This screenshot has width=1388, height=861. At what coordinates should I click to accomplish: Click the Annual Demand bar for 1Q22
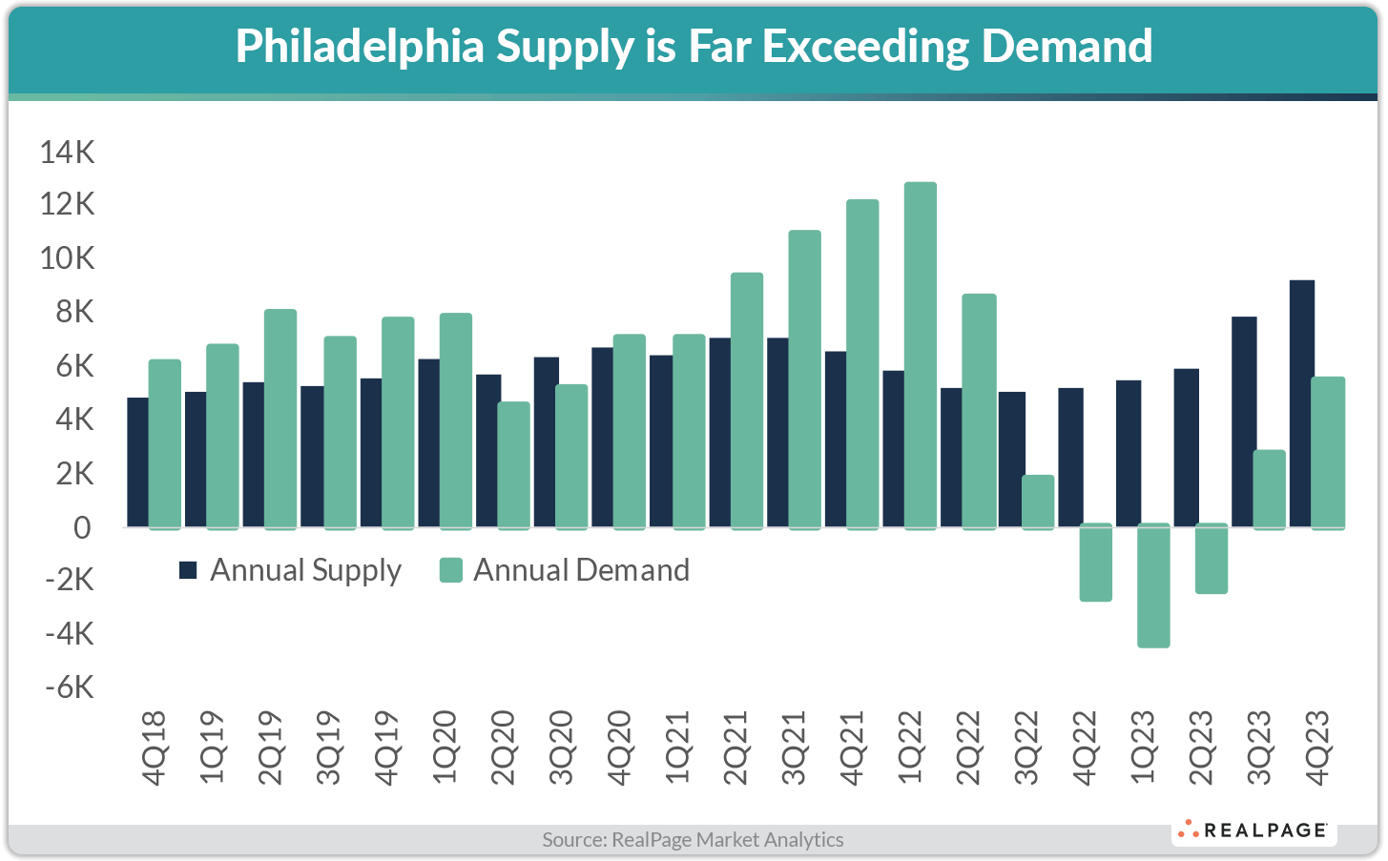(x=921, y=355)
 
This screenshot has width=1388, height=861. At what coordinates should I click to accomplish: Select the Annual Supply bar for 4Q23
(x=1301, y=403)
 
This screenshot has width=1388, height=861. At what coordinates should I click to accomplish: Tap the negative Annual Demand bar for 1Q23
(x=1153, y=585)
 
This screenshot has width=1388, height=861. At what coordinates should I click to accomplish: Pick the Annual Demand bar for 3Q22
(x=1038, y=502)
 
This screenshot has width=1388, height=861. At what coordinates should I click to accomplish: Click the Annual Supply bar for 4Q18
(x=137, y=462)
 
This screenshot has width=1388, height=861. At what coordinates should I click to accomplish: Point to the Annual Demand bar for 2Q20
(x=513, y=465)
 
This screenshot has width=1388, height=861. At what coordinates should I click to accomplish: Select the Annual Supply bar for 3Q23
(x=1243, y=421)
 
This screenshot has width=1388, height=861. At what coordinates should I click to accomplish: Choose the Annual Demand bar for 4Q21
(x=862, y=363)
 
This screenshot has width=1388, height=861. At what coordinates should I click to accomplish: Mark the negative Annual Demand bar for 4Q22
(x=1096, y=563)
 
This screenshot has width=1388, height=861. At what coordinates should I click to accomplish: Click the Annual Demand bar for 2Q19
(x=280, y=419)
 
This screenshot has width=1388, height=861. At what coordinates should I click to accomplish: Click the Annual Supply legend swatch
(x=188, y=570)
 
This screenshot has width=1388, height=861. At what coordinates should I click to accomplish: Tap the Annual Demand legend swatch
(x=450, y=570)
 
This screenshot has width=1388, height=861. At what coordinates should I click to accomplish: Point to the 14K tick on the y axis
(x=67, y=152)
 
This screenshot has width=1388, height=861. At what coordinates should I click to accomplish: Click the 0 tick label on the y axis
(x=82, y=527)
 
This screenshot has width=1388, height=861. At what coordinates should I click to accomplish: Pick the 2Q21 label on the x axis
(x=735, y=748)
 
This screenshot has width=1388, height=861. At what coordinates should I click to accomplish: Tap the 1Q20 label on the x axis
(x=445, y=748)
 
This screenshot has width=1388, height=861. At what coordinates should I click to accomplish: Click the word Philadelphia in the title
(x=360, y=47)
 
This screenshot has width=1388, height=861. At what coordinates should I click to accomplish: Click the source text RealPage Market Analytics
(x=693, y=840)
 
